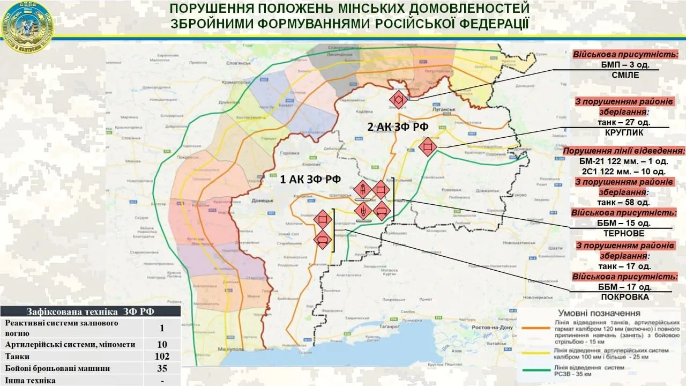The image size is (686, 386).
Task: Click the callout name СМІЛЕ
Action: click(625, 75)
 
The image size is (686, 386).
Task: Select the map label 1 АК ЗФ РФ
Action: click(311, 179)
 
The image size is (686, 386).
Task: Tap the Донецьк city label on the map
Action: click(263, 201)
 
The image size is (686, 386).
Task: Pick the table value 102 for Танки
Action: click(162, 356)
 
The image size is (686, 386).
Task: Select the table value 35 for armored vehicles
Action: click(162, 368)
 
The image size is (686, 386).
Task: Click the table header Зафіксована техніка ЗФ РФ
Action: click(90, 311)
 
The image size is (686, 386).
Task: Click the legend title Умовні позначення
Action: click(599, 313)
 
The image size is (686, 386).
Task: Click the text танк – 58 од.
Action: click(623, 202)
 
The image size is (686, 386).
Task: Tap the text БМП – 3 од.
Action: click(625, 64)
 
